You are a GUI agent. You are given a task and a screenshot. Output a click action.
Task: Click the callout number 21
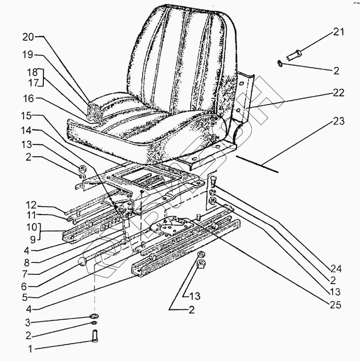(x=338, y=33)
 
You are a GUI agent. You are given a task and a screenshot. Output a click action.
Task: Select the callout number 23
(x=337, y=122)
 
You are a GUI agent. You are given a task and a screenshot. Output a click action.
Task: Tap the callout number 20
(x=28, y=37)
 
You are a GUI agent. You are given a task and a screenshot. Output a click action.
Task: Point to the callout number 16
(x=28, y=97)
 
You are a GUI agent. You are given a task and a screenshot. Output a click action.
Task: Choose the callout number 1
(x=30, y=349)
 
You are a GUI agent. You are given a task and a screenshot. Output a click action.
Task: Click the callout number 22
(x=337, y=93)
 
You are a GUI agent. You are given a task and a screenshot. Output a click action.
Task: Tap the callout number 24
(x=336, y=268)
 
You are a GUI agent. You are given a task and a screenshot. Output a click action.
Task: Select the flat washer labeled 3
(x=95, y=316)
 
